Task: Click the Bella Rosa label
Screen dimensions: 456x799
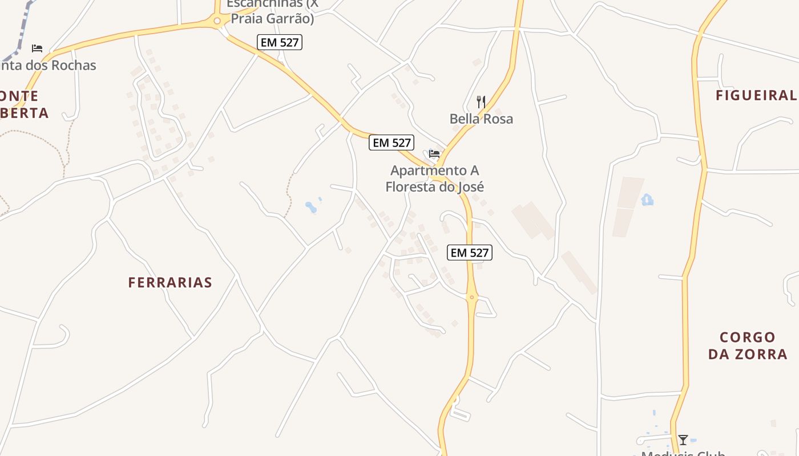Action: coord(481,119)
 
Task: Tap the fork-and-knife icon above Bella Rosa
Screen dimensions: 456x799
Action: coord(481,102)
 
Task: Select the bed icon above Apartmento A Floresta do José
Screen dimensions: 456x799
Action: coord(434,153)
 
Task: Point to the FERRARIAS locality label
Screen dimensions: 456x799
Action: coord(170,283)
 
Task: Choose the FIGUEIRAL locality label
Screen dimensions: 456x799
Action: coord(756,96)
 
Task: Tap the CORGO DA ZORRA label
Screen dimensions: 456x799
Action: coord(748,345)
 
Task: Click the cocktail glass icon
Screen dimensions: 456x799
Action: coord(683,440)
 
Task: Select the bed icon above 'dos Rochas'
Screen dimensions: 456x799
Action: coord(37,48)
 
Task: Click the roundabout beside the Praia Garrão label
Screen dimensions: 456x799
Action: coord(217,22)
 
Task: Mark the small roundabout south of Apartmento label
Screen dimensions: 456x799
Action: coord(471,297)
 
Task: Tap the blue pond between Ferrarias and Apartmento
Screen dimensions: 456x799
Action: coord(312,207)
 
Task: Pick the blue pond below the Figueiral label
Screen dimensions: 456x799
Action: coord(647,200)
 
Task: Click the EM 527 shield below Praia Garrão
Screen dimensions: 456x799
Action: coord(279,42)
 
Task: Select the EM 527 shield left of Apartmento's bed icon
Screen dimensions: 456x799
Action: coord(391,142)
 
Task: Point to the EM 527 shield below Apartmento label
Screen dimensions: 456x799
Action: coord(470,253)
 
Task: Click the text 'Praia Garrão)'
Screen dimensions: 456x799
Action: coord(272,19)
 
